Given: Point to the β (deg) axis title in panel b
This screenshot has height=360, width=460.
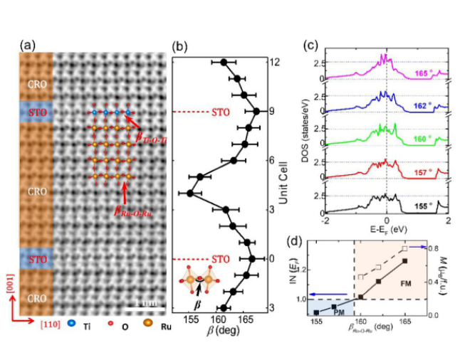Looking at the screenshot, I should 222,332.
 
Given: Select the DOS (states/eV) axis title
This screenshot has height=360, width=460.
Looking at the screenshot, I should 303,135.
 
